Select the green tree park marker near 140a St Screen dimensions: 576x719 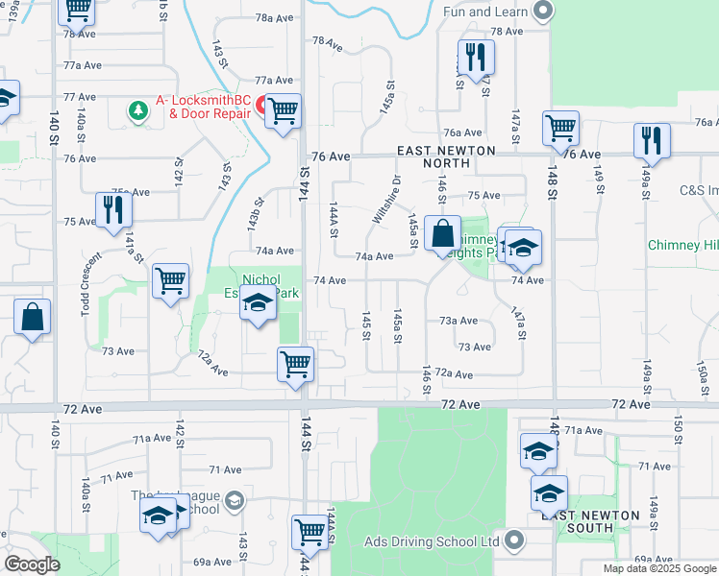(139, 112)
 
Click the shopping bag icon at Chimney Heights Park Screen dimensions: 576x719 (441, 233)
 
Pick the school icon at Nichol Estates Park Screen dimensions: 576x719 (257, 304)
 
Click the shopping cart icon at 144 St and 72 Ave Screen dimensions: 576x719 (295, 364)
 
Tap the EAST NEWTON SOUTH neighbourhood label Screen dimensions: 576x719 (590, 521)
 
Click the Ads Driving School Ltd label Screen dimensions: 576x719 (432, 541)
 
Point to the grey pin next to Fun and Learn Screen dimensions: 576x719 (544, 12)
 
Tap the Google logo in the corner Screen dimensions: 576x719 (32, 564)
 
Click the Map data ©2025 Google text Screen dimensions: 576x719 (659, 568)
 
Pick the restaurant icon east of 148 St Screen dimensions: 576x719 (652, 140)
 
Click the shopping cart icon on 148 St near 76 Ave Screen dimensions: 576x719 (559, 128)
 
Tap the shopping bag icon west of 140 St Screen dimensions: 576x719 (32, 317)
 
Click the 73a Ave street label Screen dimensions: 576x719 (459, 321)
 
